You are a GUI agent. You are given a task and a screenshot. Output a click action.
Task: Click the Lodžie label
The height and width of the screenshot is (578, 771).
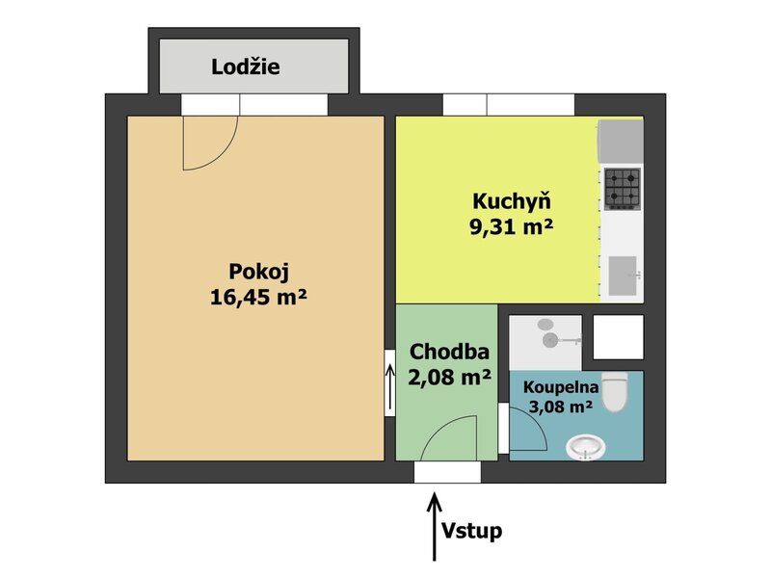[x=246, y=66]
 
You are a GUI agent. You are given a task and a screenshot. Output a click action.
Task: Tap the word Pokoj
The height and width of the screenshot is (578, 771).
[x=258, y=273]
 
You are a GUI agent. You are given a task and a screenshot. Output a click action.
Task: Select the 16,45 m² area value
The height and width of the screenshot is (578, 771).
[x=258, y=297]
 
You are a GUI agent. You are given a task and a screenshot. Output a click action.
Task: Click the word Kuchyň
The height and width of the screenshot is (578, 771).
[x=512, y=201]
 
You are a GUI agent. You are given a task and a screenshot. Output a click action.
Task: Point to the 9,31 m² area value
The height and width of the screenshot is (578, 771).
[x=512, y=226]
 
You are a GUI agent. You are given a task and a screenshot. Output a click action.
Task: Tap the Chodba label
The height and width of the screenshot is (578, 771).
[x=449, y=352]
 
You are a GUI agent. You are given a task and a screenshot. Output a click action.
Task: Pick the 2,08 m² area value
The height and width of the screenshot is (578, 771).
[x=449, y=377]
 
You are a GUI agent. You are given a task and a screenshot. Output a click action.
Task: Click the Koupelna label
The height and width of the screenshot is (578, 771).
[x=561, y=387]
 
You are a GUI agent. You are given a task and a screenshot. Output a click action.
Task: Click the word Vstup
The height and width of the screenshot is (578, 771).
[x=471, y=531]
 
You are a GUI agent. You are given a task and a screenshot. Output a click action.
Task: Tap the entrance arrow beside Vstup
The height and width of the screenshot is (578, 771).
[x=435, y=527]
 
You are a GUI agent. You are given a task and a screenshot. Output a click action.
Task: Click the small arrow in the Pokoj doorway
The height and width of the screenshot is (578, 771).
[x=390, y=387]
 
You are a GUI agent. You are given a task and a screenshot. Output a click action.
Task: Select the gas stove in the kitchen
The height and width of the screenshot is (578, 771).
[x=623, y=188]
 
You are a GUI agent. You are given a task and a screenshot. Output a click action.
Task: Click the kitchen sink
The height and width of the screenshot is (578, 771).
[x=624, y=276]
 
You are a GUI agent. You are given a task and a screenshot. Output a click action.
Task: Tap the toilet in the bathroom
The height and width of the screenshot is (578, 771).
[x=615, y=392]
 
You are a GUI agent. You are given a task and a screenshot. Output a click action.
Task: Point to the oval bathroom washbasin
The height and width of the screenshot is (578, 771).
[x=585, y=448]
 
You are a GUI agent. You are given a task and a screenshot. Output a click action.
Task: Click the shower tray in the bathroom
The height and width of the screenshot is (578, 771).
[x=545, y=343]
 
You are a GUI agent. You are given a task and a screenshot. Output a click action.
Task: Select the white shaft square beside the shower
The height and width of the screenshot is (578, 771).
[x=618, y=337]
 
